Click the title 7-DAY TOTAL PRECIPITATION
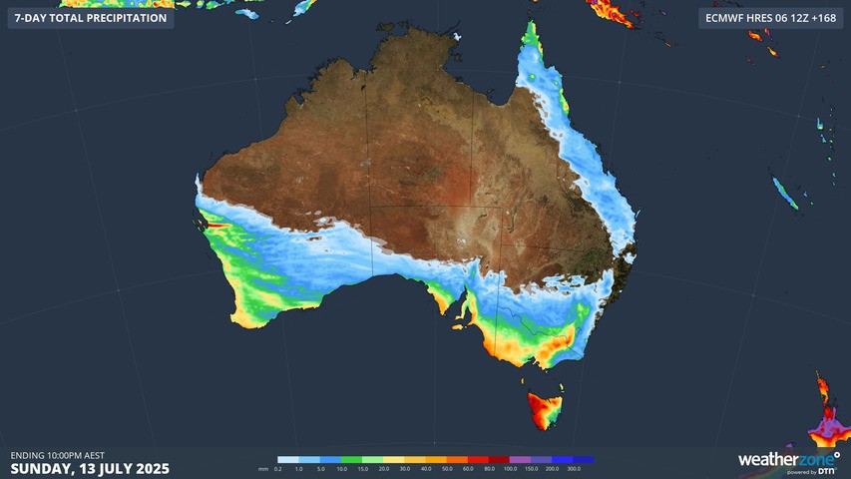[90, 18]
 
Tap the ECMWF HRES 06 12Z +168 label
[769, 18]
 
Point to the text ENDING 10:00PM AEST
[57, 456]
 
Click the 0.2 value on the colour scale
[277, 468]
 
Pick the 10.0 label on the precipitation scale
[342, 468]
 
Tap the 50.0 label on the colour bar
[447, 468]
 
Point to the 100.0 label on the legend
[510, 468]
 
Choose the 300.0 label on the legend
[574, 468]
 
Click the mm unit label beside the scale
[262, 468]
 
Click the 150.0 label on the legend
[531, 468]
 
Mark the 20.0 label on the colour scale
[384, 468]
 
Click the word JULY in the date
[107, 469]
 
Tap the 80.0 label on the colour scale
[489, 468]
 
